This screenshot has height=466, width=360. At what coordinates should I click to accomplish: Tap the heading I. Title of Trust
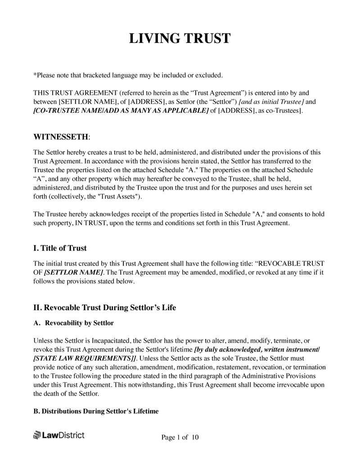click(60, 248)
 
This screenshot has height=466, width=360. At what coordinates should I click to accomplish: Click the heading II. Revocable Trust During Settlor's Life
click(105, 308)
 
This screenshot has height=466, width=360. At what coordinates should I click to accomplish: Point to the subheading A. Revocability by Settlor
click(73, 323)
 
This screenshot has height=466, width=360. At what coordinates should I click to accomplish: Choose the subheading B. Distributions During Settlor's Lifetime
click(96, 411)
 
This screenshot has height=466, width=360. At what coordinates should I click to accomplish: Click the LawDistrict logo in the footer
click(59, 435)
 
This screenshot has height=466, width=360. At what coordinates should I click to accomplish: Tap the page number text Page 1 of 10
click(180, 437)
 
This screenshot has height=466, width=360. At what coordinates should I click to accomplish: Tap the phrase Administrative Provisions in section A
click(279, 376)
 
